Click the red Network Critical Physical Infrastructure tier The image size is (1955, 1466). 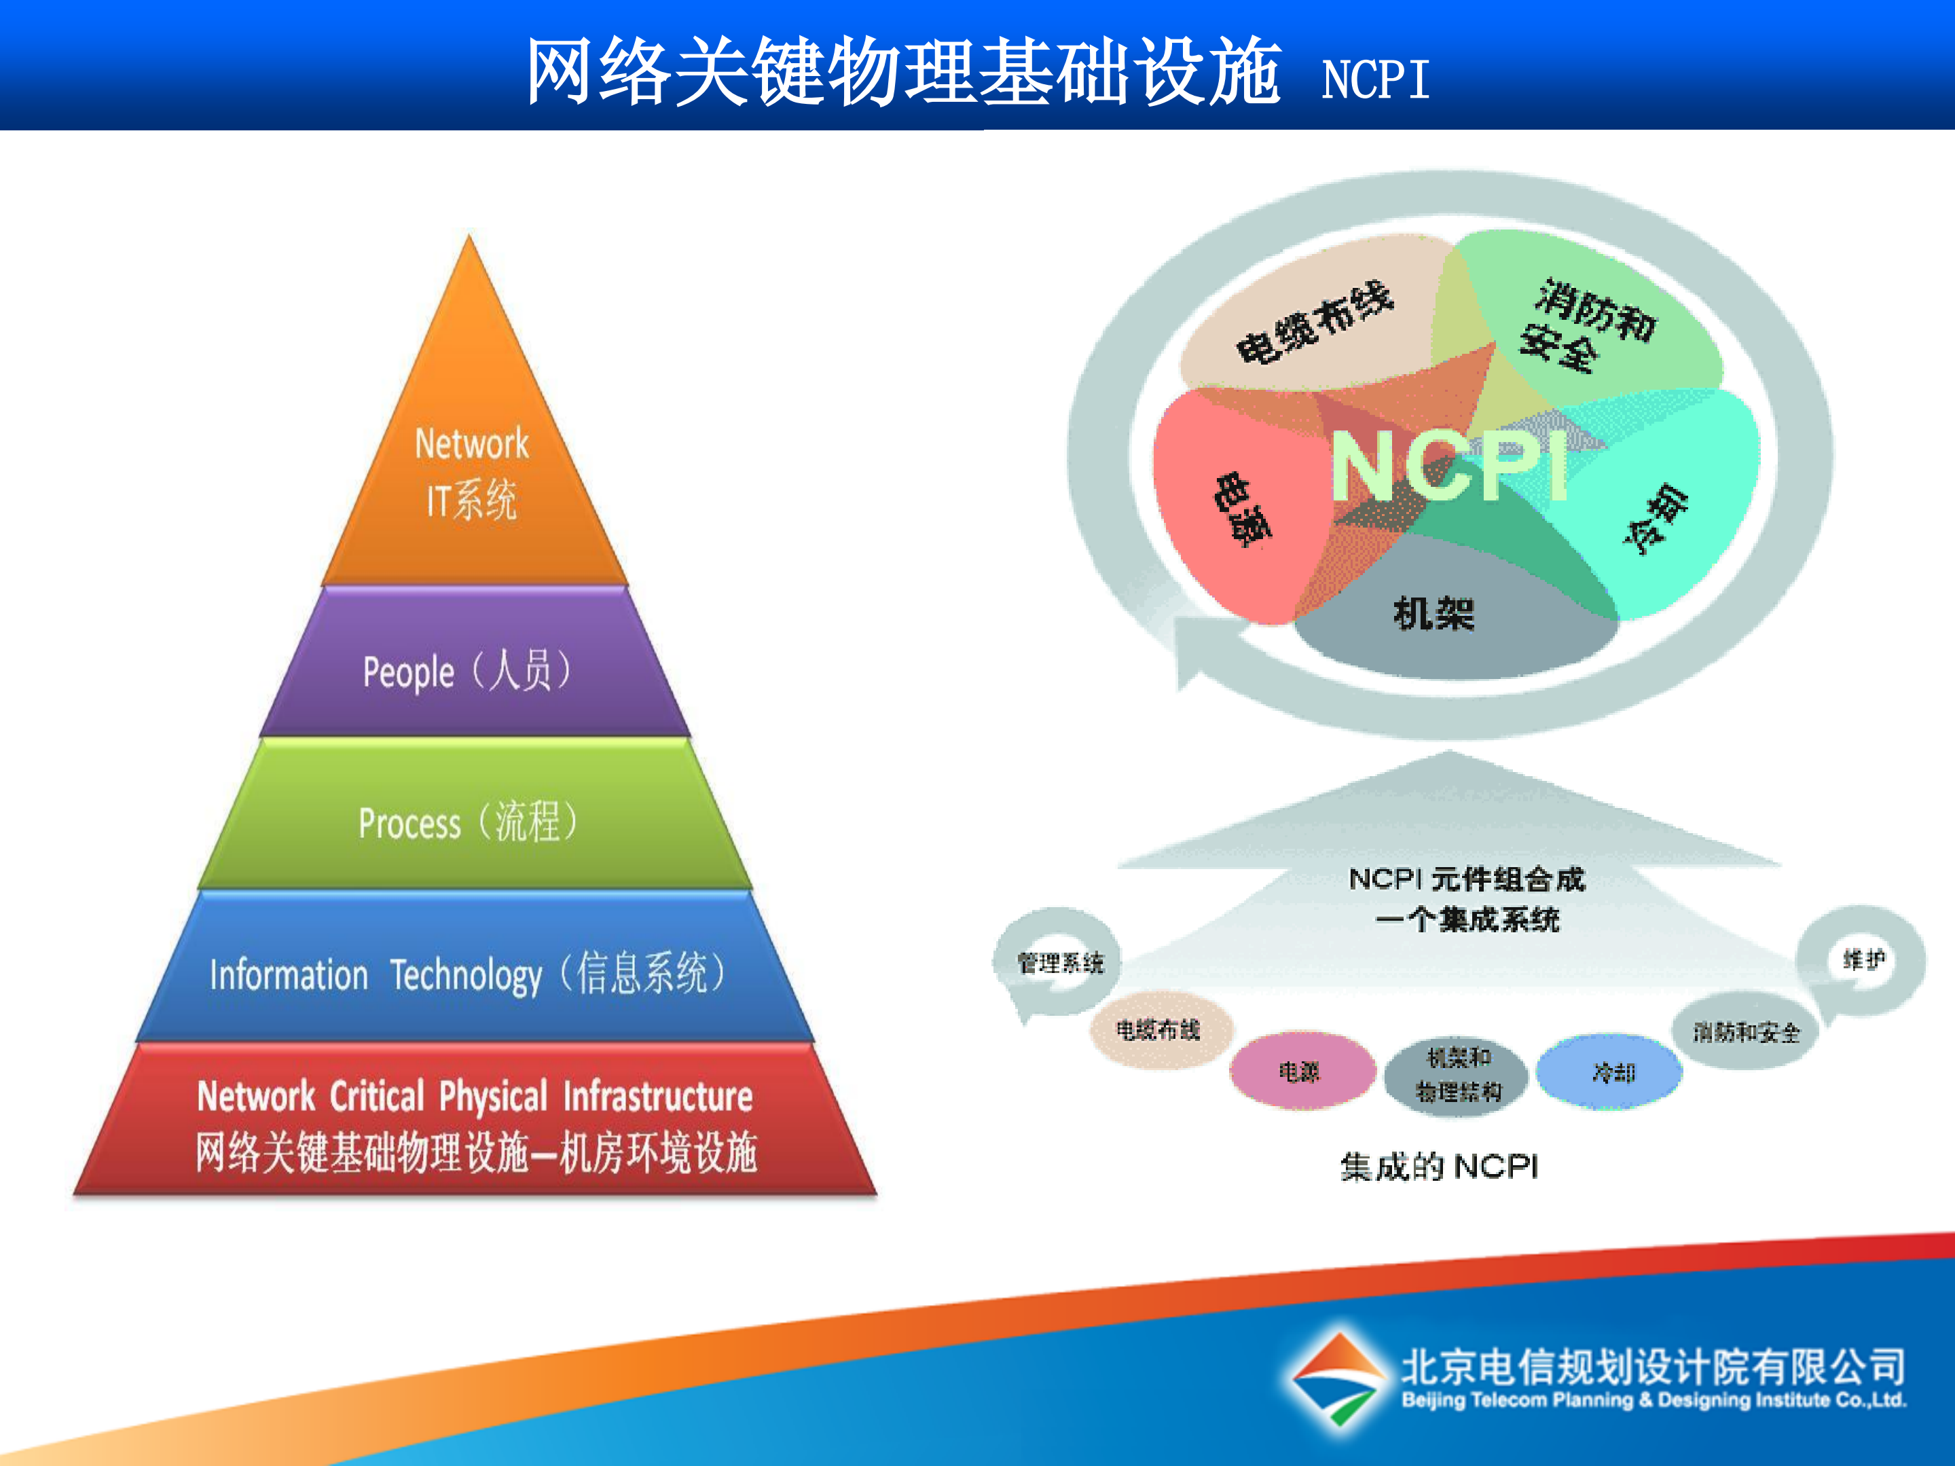475,1122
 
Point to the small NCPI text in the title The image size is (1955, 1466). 1374,79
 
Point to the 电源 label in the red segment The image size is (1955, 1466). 1243,510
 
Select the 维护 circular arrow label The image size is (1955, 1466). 1863,959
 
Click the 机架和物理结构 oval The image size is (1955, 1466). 1459,1074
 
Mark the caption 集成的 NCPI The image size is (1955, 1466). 1439,1167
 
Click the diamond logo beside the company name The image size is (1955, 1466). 1337,1378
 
